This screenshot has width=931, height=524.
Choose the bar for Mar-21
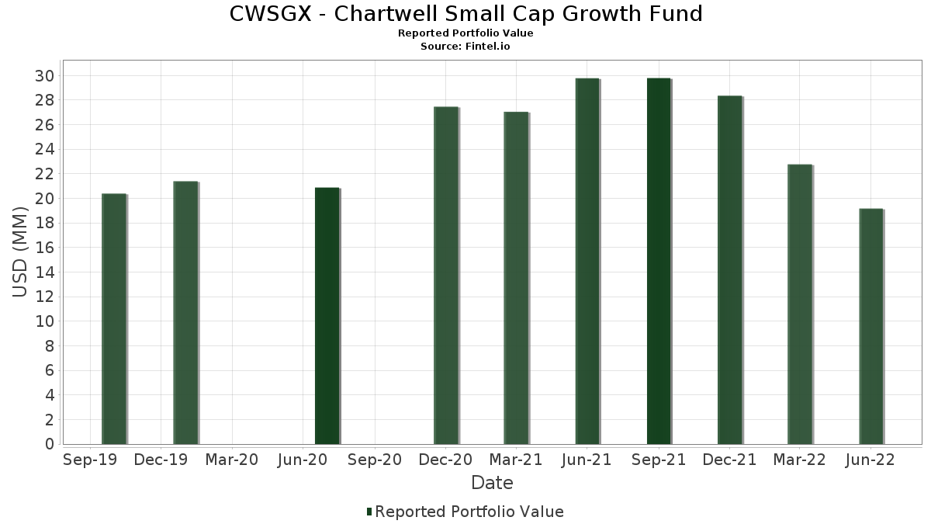point(516,278)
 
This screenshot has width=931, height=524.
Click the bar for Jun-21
point(587,261)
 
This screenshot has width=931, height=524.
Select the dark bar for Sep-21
point(659,261)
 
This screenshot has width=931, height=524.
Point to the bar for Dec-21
point(729,269)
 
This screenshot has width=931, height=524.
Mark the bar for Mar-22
point(800,304)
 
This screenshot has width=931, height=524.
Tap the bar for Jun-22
point(871,326)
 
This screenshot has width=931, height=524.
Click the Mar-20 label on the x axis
point(232,460)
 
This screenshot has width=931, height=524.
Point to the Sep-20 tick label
point(374,460)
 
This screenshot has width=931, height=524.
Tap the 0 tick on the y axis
point(49,444)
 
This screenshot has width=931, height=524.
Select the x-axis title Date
point(492,483)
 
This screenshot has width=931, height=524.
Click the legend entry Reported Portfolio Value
point(469,512)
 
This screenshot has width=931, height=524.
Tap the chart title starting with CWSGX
point(465,14)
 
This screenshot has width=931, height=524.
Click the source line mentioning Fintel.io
point(465,47)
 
